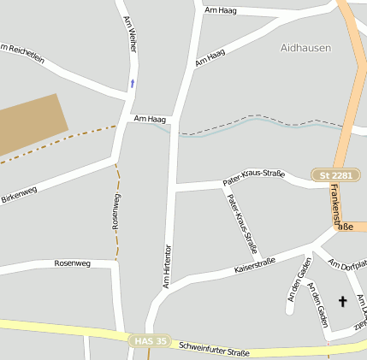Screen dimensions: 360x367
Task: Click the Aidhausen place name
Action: [x=305, y=48]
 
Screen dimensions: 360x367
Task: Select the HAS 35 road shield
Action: [x=150, y=340]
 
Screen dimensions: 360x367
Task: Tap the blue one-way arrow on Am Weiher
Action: [x=132, y=84]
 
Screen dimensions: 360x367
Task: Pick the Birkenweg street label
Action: [x=19, y=195]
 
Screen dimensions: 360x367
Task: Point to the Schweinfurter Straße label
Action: [x=214, y=349]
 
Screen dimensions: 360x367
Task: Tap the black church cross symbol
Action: [x=343, y=301]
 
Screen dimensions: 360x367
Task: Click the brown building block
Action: [x=29, y=124]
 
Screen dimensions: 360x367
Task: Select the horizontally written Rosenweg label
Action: [x=72, y=263]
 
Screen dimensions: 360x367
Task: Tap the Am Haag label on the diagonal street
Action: [x=210, y=57]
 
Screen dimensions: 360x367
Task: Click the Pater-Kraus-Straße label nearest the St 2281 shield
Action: [x=253, y=177]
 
